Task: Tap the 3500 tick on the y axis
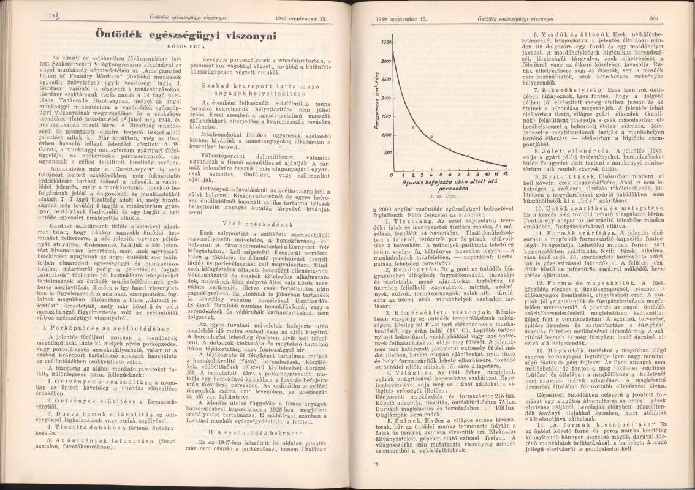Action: (x=385, y=42)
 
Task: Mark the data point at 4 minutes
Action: (x=431, y=136)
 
